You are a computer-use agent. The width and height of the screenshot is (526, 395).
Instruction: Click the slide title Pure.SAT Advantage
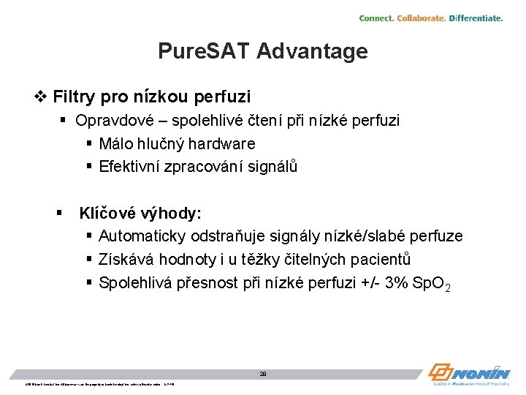pos(263,51)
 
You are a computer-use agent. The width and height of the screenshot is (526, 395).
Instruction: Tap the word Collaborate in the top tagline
pos(421,18)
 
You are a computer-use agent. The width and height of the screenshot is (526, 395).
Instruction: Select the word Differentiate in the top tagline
pos(476,18)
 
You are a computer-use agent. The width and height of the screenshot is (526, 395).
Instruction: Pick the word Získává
pos(125,260)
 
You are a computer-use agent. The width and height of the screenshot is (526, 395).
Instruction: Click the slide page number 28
pos(263,373)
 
